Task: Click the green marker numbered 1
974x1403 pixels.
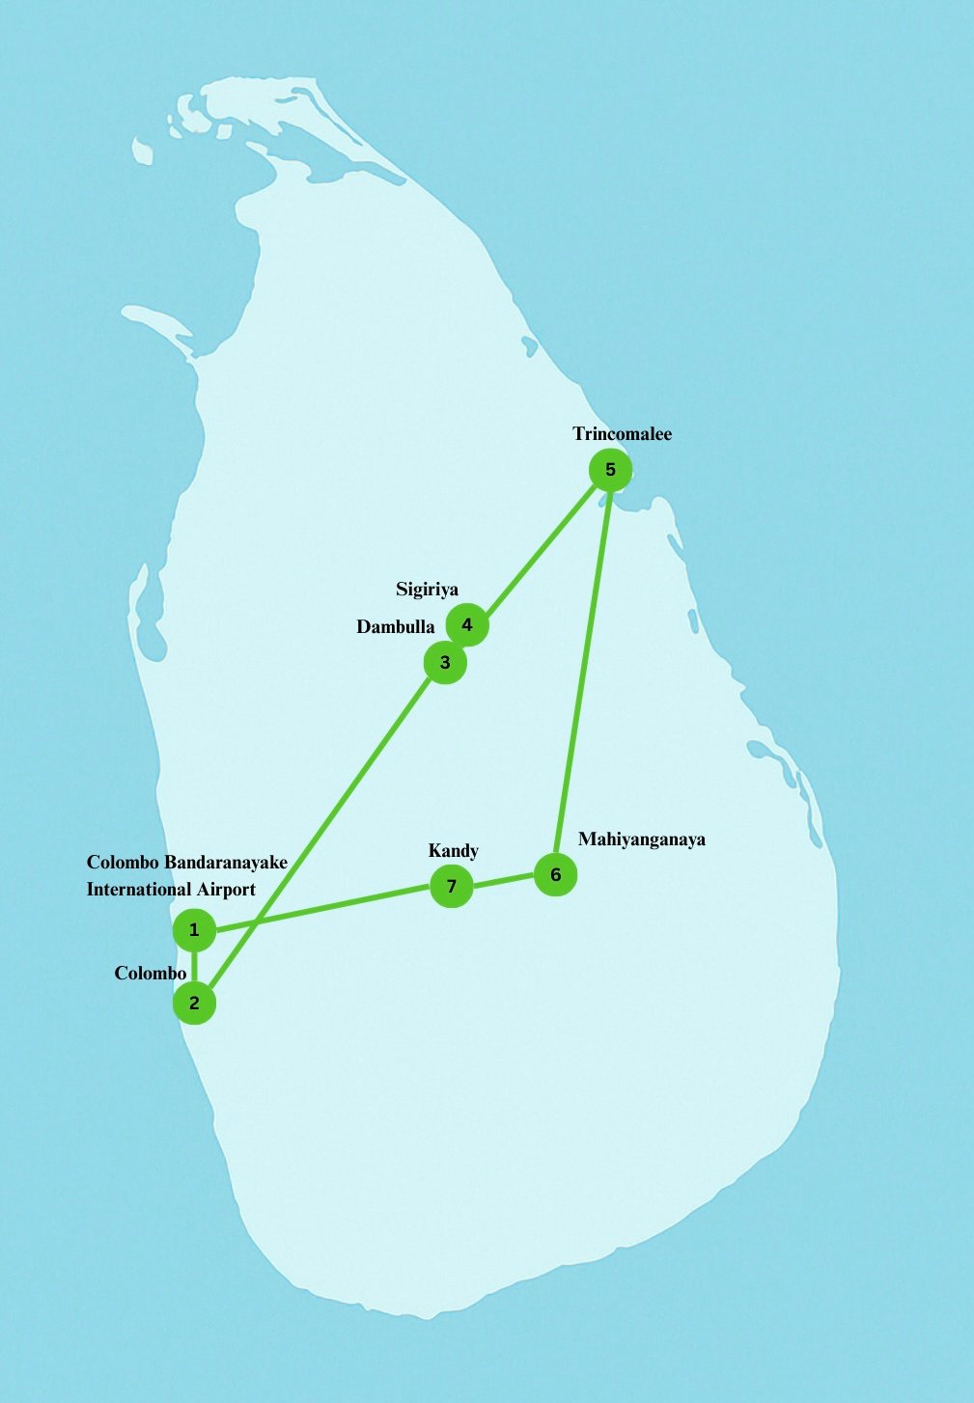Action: [194, 930]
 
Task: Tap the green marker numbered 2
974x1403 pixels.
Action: [194, 1003]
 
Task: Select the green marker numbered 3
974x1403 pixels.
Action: [445, 663]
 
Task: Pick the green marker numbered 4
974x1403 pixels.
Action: [467, 624]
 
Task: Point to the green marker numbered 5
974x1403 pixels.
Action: [610, 470]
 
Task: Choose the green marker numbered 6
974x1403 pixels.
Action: [555, 874]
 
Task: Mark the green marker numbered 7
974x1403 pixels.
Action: [451, 886]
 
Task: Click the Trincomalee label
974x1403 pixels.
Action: [622, 433]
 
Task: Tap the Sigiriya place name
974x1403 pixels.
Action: [427, 590]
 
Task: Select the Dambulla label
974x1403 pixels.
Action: [396, 627]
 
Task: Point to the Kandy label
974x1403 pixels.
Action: [453, 850]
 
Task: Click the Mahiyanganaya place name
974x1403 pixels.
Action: [642, 839]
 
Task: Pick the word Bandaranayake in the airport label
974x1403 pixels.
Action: [226, 862]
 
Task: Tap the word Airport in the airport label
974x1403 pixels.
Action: [226, 890]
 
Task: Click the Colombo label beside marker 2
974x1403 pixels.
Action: [150, 973]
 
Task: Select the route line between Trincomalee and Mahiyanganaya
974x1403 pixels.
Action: [583, 672]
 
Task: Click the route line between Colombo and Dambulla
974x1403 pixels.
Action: [320, 833]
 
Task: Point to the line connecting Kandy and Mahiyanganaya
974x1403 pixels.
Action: [503, 880]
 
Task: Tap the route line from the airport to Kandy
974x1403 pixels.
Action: [322, 908]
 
